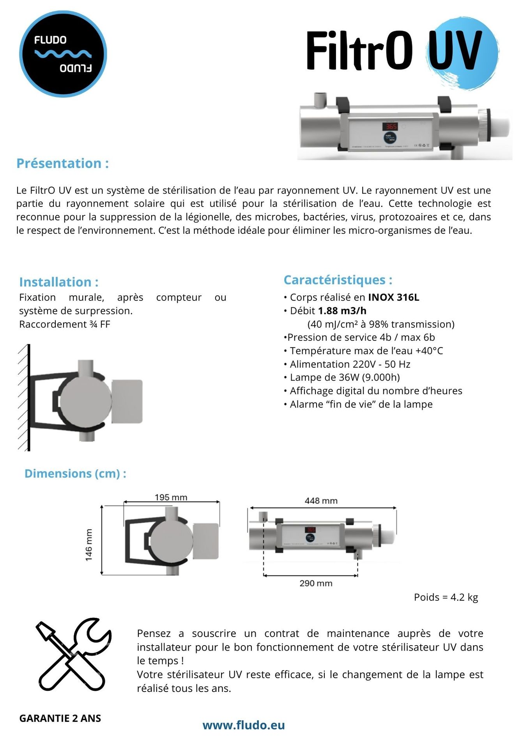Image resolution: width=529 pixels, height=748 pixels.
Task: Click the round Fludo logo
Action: [x=63, y=54]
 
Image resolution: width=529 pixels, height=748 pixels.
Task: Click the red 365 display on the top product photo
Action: [x=391, y=126]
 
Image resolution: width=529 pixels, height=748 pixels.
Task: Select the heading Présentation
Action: [x=62, y=163]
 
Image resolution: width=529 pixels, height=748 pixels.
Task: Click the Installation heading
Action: [x=58, y=282]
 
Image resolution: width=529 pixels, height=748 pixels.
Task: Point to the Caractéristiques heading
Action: [x=338, y=280]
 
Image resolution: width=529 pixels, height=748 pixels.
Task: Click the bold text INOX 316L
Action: [x=394, y=297]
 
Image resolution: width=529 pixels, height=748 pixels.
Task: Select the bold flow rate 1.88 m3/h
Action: [x=342, y=311]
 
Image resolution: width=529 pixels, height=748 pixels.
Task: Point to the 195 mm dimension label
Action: [x=171, y=497]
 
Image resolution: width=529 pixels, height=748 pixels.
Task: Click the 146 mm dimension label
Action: [x=89, y=545]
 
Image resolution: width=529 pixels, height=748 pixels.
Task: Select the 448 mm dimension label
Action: [x=321, y=501]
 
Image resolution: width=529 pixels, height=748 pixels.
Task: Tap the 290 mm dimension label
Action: [x=316, y=583]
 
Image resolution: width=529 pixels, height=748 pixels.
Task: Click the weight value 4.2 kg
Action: [x=464, y=597]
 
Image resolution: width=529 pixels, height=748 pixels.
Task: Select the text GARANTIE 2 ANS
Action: [x=60, y=718]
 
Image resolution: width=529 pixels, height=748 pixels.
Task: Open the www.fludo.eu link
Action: [x=244, y=725]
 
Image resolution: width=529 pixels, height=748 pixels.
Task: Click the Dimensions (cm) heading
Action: [x=75, y=473]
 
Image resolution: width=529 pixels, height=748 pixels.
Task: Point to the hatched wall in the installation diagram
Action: [x=23, y=397]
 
